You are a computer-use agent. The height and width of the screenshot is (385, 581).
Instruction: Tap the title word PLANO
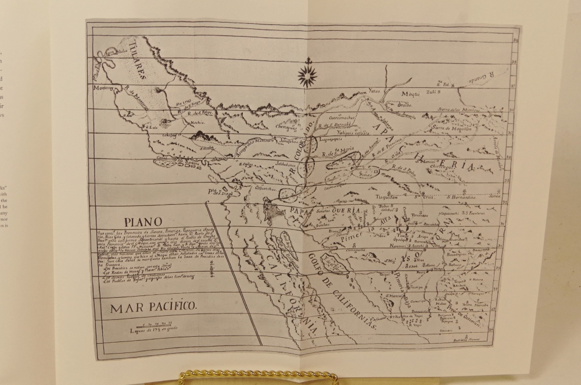141,221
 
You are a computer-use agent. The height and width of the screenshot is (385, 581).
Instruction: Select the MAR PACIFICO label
155,308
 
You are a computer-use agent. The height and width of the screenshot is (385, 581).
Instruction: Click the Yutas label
376,91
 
